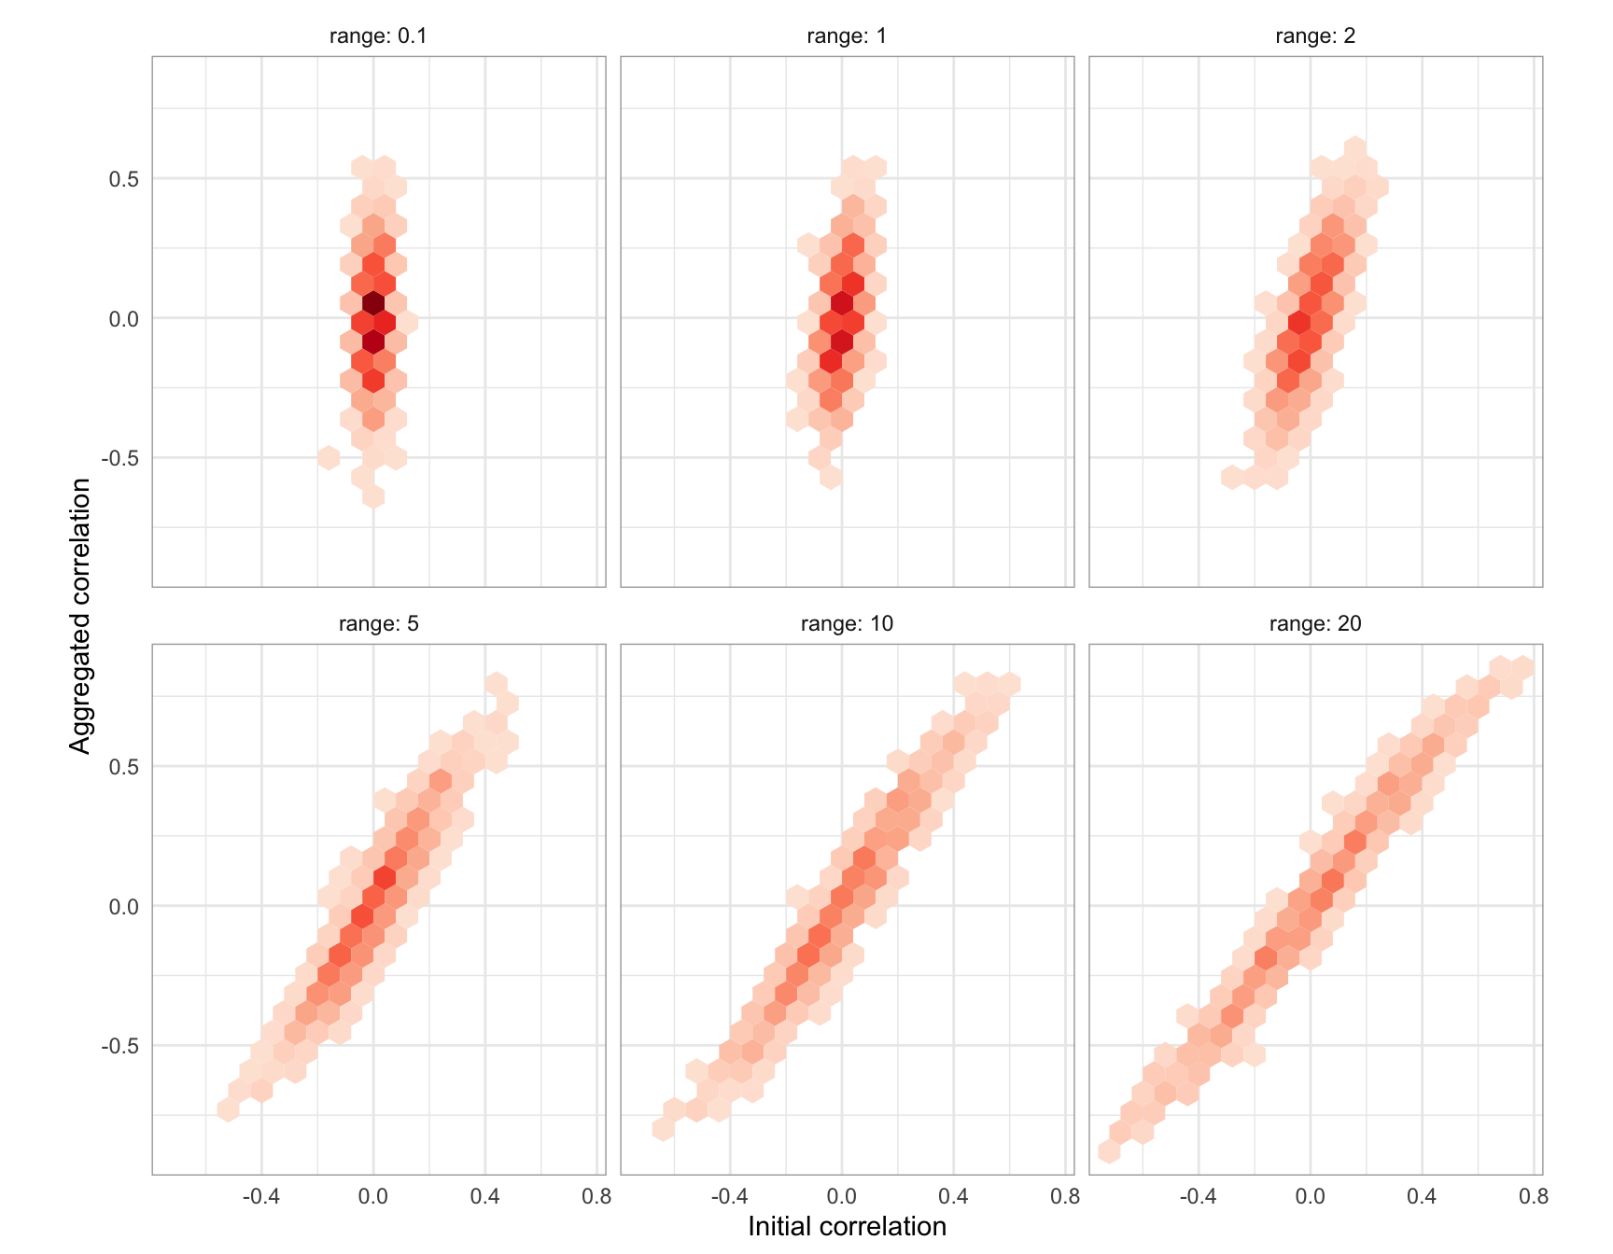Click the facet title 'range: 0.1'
(378, 36)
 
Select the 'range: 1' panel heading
(847, 36)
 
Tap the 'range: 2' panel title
(1315, 36)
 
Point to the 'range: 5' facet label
(378, 623)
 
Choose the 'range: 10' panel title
(847, 623)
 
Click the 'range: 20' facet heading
(1315, 623)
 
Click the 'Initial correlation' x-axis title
(847, 1226)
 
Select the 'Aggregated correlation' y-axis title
(81, 615)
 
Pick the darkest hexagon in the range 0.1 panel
(373, 303)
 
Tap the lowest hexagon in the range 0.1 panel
(373, 496)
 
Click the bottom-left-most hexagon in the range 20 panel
(1109, 1151)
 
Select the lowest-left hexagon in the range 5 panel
(228, 1109)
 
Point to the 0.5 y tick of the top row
(123, 179)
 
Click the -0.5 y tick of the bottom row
(119, 1046)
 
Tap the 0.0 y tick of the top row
(123, 319)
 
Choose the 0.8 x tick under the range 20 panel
(1534, 1196)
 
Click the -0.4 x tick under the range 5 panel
(260, 1196)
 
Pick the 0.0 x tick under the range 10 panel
(842, 1196)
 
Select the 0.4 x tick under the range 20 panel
(1422, 1196)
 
